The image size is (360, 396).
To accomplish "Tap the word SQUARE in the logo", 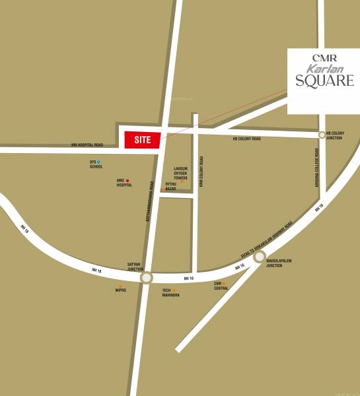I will click(323, 82).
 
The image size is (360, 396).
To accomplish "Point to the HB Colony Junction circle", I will click(322, 135).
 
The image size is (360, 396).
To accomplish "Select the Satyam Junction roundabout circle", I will click(146, 278).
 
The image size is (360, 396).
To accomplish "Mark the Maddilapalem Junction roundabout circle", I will click(260, 257).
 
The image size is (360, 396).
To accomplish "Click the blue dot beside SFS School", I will click(99, 161).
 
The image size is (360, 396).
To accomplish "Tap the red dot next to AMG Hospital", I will click(127, 180).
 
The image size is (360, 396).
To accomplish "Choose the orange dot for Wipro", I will click(120, 286).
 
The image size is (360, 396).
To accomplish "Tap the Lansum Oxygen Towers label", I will click(180, 174).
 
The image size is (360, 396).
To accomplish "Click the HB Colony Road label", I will click(246, 139).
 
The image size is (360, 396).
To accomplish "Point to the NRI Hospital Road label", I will click(87, 145).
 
